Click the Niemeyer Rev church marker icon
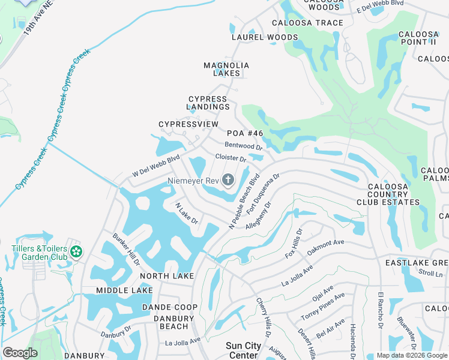[228, 179]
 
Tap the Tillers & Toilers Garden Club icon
[76, 251]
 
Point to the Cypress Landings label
[208, 103]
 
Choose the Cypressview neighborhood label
[188, 124]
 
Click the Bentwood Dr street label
[244, 146]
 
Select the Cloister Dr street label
[231, 158]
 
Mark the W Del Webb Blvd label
[155, 167]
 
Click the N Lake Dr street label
[187, 213]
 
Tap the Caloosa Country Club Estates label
[393, 194]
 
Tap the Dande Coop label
[169, 307]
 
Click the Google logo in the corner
[20, 353]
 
